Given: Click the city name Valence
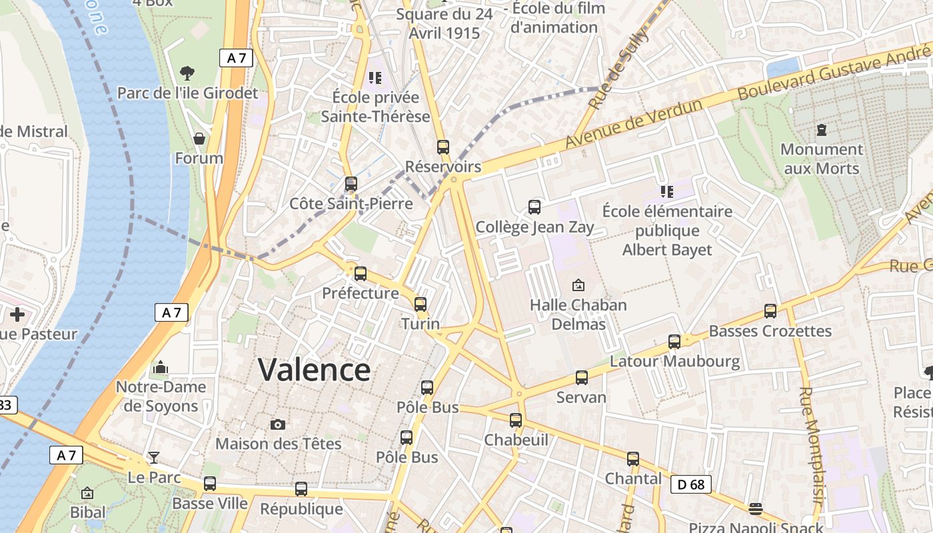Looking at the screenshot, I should coord(314,370).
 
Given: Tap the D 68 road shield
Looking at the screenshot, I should coord(691,484).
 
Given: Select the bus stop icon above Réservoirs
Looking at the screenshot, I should coord(443,147).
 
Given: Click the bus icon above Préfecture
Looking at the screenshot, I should coord(361,274).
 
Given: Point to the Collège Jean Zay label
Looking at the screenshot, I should coord(534,227).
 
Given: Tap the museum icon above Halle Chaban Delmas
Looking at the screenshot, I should coord(578,285).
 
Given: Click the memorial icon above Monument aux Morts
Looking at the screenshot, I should coord(821,129).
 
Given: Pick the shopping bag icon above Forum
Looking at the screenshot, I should coord(199,139).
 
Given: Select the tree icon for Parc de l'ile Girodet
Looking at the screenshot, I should coord(187,73).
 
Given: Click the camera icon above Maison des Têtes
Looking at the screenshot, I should coord(278,424).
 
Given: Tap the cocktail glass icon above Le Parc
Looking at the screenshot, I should coord(154,458).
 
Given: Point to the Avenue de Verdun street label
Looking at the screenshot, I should coord(634,124).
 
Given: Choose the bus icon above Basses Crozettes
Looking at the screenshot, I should coord(770,311).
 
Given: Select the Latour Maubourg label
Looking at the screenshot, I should coord(675,362).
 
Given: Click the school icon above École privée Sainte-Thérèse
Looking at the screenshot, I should coord(375,78).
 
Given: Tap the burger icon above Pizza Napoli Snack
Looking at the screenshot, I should coord(755,510).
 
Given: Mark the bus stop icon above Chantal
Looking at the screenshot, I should coord(633,459).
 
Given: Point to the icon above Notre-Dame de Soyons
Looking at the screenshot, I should coord(161,367).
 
